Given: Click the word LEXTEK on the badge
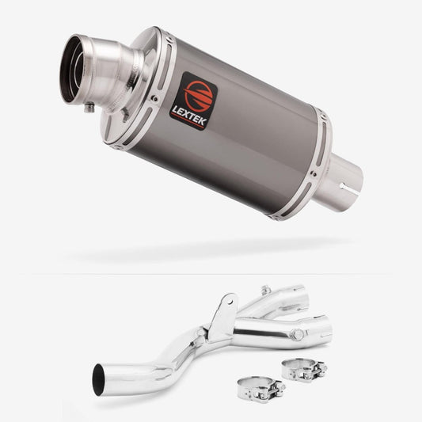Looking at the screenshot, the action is coord(189,115).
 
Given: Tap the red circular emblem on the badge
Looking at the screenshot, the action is coord(198,96).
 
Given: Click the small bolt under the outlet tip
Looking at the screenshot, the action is coord(89,108).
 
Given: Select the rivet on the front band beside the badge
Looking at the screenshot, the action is coord(154,98).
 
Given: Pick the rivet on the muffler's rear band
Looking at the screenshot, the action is coord(313,174).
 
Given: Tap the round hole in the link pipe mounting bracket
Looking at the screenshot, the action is coord(230,301).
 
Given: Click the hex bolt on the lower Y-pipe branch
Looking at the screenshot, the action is coord(297,335).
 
